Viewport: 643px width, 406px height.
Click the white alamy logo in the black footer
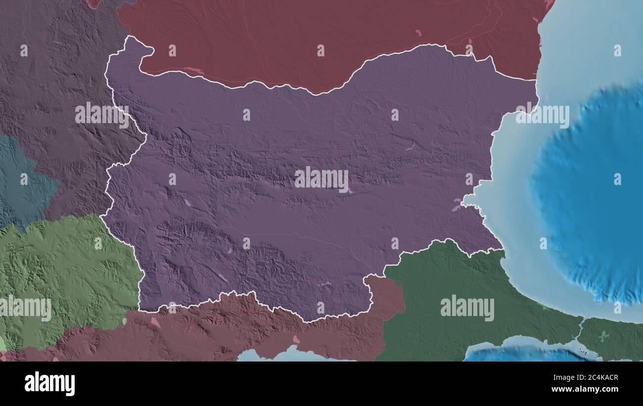point(49,384)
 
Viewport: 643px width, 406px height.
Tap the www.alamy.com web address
point(588,389)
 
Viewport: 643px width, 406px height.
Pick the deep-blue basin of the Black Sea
point(594,198)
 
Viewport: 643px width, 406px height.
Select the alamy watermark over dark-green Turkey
point(467,308)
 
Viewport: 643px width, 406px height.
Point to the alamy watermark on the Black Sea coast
point(542,114)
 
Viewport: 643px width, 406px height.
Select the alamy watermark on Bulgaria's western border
point(102,114)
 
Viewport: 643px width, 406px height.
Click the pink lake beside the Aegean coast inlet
point(296,339)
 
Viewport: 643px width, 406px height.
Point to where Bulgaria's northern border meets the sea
point(535,80)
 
